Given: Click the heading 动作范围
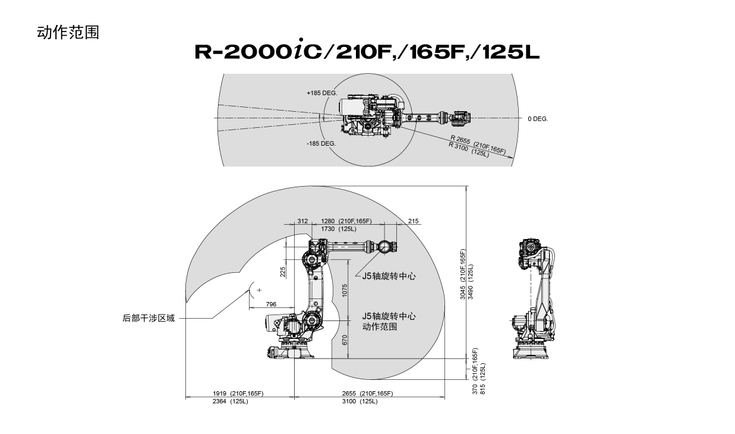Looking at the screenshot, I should (68, 32).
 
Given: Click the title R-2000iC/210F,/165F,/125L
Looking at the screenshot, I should (367, 52).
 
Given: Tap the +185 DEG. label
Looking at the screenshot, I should (322, 93).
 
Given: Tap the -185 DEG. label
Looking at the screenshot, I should (321, 143).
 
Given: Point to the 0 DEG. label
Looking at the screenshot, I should (538, 119).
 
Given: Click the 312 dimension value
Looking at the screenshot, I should (302, 221).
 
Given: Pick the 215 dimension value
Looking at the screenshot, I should (414, 221).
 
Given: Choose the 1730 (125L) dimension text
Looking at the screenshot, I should (339, 229).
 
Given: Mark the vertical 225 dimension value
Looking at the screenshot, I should (283, 272).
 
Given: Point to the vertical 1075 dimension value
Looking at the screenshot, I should (345, 291).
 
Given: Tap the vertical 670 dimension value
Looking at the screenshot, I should (345, 339).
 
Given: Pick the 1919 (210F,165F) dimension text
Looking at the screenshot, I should (238, 394).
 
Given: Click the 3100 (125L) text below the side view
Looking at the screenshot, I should (359, 401).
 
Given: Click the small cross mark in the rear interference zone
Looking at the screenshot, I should (259, 290).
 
